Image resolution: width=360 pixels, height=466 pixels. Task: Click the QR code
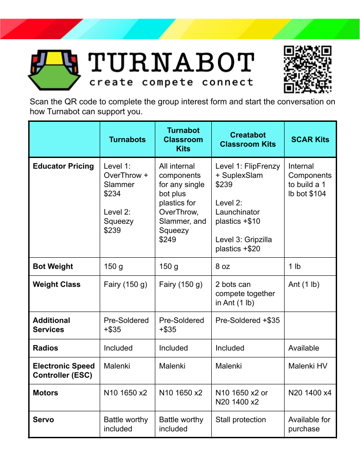tap(307, 69)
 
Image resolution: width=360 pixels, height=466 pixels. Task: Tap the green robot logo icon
tap(55, 70)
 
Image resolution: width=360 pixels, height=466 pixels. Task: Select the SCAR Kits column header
tap(310, 139)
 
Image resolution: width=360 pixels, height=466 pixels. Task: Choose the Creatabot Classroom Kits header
tap(247, 139)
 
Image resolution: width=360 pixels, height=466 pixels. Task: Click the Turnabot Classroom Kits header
tap(183, 139)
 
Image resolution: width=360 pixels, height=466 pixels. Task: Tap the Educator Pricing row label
tap(64, 166)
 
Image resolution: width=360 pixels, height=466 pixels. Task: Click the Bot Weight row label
tap(53, 267)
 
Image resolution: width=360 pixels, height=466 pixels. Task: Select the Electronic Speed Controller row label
tap(64, 371)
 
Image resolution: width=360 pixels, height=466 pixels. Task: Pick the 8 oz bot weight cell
tap(223, 267)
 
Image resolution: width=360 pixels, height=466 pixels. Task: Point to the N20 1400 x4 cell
tap(310, 393)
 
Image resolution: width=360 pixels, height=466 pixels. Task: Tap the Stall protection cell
tap(240, 420)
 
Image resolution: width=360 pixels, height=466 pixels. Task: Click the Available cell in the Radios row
tap(304, 348)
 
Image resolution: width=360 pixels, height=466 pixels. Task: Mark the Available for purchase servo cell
tap(309, 424)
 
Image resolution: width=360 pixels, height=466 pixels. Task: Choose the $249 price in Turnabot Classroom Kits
tap(168, 240)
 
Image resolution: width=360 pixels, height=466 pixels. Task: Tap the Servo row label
tap(44, 420)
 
